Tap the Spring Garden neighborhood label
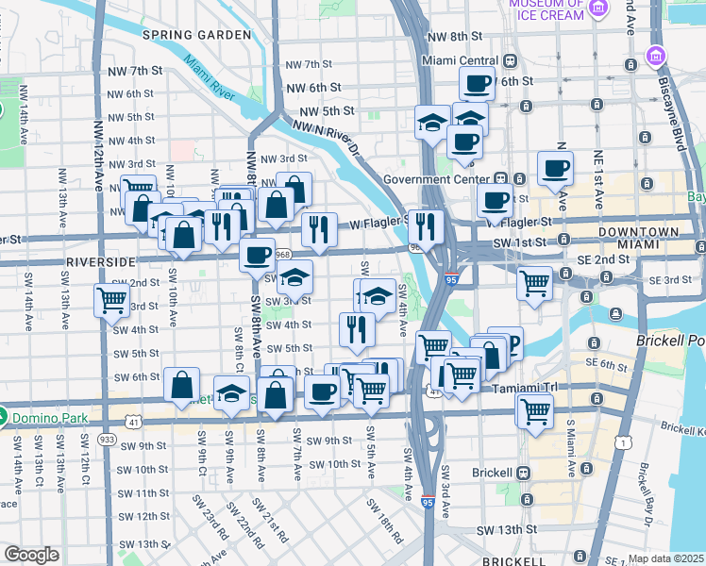click(196, 35)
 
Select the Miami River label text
click(209, 77)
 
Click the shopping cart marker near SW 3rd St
click(111, 300)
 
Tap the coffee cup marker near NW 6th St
click(478, 83)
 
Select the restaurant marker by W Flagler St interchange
click(426, 225)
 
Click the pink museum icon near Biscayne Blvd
click(654, 57)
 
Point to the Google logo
click(31, 555)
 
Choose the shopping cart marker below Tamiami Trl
click(534, 410)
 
